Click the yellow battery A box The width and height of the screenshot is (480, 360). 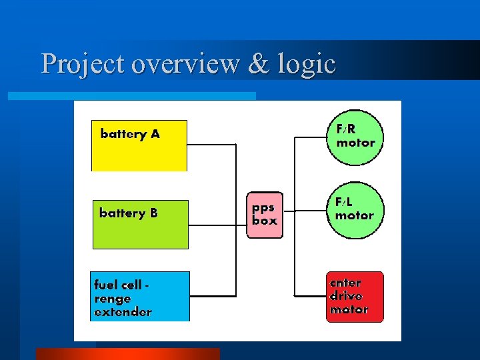point(139,145)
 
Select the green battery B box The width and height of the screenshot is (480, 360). point(140,224)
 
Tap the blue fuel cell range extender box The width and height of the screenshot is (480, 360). point(140,296)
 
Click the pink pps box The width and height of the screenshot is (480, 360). point(265,215)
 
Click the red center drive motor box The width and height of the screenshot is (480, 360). point(355,297)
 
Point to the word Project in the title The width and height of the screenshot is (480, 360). point(83,64)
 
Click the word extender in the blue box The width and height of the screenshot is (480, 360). point(123,311)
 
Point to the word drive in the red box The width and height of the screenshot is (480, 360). point(346,296)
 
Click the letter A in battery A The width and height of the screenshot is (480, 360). point(155,134)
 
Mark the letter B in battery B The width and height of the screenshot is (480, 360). point(153,213)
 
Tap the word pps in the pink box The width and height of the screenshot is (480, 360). point(263,207)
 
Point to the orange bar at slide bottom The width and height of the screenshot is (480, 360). point(127,354)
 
